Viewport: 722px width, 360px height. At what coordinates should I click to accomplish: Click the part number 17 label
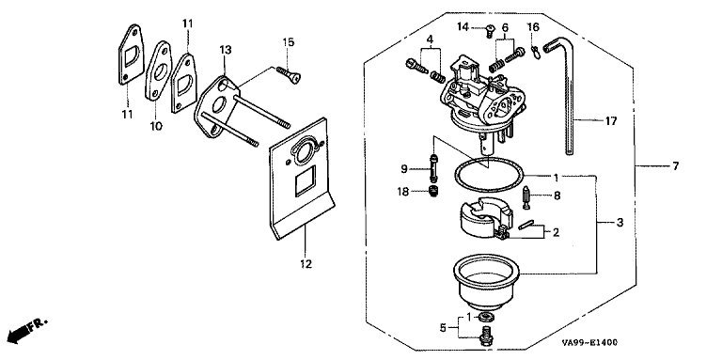(x=610, y=121)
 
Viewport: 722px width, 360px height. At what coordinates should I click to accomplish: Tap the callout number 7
(x=675, y=166)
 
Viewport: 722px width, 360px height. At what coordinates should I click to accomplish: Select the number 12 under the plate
(x=306, y=264)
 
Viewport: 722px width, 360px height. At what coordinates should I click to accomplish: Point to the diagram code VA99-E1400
(x=589, y=343)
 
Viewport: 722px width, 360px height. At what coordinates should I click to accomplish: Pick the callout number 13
(x=225, y=49)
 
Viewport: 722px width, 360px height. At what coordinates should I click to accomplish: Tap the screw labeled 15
(x=289, y=74)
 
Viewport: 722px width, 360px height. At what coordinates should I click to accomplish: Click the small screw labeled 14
(x=490, y=31)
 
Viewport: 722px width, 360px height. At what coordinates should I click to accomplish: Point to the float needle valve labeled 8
(x=526, y=197)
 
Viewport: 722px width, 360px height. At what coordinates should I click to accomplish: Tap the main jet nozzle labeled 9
(x=433, y=169)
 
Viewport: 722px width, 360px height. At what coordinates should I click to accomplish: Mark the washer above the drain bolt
(x=485, y=317)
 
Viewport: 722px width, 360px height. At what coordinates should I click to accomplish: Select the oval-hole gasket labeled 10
(x=158, y=70)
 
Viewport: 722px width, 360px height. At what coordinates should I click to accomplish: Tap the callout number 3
(x=620, y=223)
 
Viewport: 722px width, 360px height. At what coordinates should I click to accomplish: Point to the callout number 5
(x=443, y=328)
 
